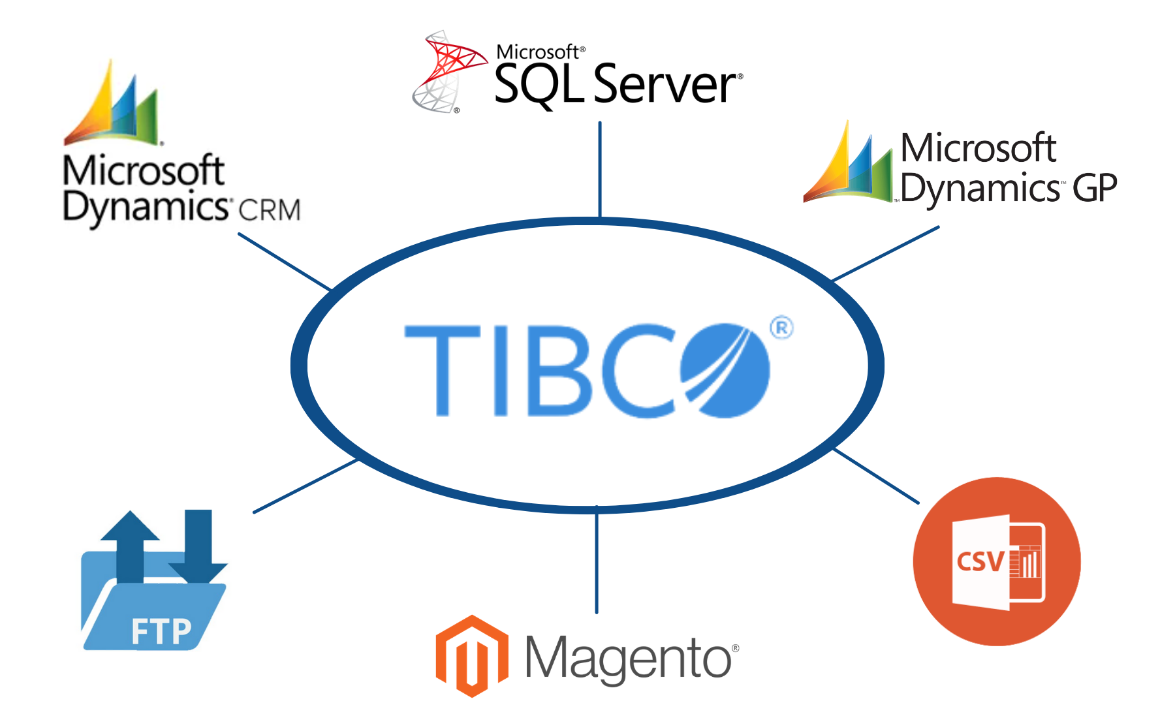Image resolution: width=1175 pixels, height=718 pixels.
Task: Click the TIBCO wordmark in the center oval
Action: pyautogui.click(x=587, y=369)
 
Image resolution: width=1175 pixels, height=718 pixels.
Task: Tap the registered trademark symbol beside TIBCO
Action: pyautogui.click(x=781, y=328)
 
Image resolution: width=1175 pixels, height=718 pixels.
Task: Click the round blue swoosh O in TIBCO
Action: pyautogui.click(x=725, y=370)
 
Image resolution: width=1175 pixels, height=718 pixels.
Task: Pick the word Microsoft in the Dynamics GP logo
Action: pyautogui.click(x=978, y=149)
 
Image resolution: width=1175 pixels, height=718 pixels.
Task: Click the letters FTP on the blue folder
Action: pyautogui.click(x=161, y=631)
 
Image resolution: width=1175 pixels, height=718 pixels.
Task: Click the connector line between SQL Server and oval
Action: pyautogui.click(x=600, y=170)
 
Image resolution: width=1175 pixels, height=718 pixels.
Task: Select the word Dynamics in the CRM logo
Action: pyautogui.click(x=145, y=208)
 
